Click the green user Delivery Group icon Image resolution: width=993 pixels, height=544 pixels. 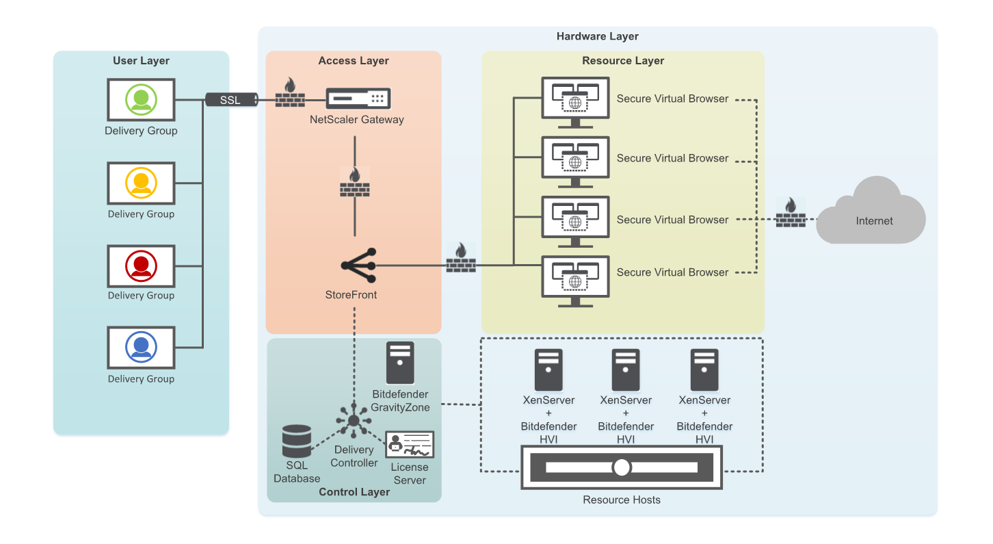click(x=141, y=100)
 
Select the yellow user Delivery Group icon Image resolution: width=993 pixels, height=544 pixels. click(x=141, y=183)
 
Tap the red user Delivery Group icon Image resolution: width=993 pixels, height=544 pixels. click(x=141, y=265)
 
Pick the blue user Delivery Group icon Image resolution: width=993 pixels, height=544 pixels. click(x=141, y=348)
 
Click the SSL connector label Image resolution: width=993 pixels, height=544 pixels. click(x=230, y=100)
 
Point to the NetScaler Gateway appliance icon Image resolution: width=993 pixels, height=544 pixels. click(x=358, y=99)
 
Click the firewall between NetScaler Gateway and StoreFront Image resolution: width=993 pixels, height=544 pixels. click(x=354, y=182)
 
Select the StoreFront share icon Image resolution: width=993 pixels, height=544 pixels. click(x=358, y=265)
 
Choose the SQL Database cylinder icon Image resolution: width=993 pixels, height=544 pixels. click(x=297, y=441)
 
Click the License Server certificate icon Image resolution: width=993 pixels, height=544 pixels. click(x=410, y=445)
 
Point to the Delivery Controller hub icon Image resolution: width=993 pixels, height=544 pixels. click(x=354, y=420)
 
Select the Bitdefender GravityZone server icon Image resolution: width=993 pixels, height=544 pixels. click(x=400, y=363)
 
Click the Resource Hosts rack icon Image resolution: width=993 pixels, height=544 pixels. click(x=621, y=467)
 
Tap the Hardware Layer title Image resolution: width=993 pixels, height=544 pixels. click(x=597, y=36)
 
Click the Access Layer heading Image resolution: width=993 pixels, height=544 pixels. click(x=354, y=60)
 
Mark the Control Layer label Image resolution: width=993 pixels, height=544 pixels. click(x=354, y=491)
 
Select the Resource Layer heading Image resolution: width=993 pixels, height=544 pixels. click(x=623, y=60)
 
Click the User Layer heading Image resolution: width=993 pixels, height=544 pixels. click(x=141, y=60)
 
